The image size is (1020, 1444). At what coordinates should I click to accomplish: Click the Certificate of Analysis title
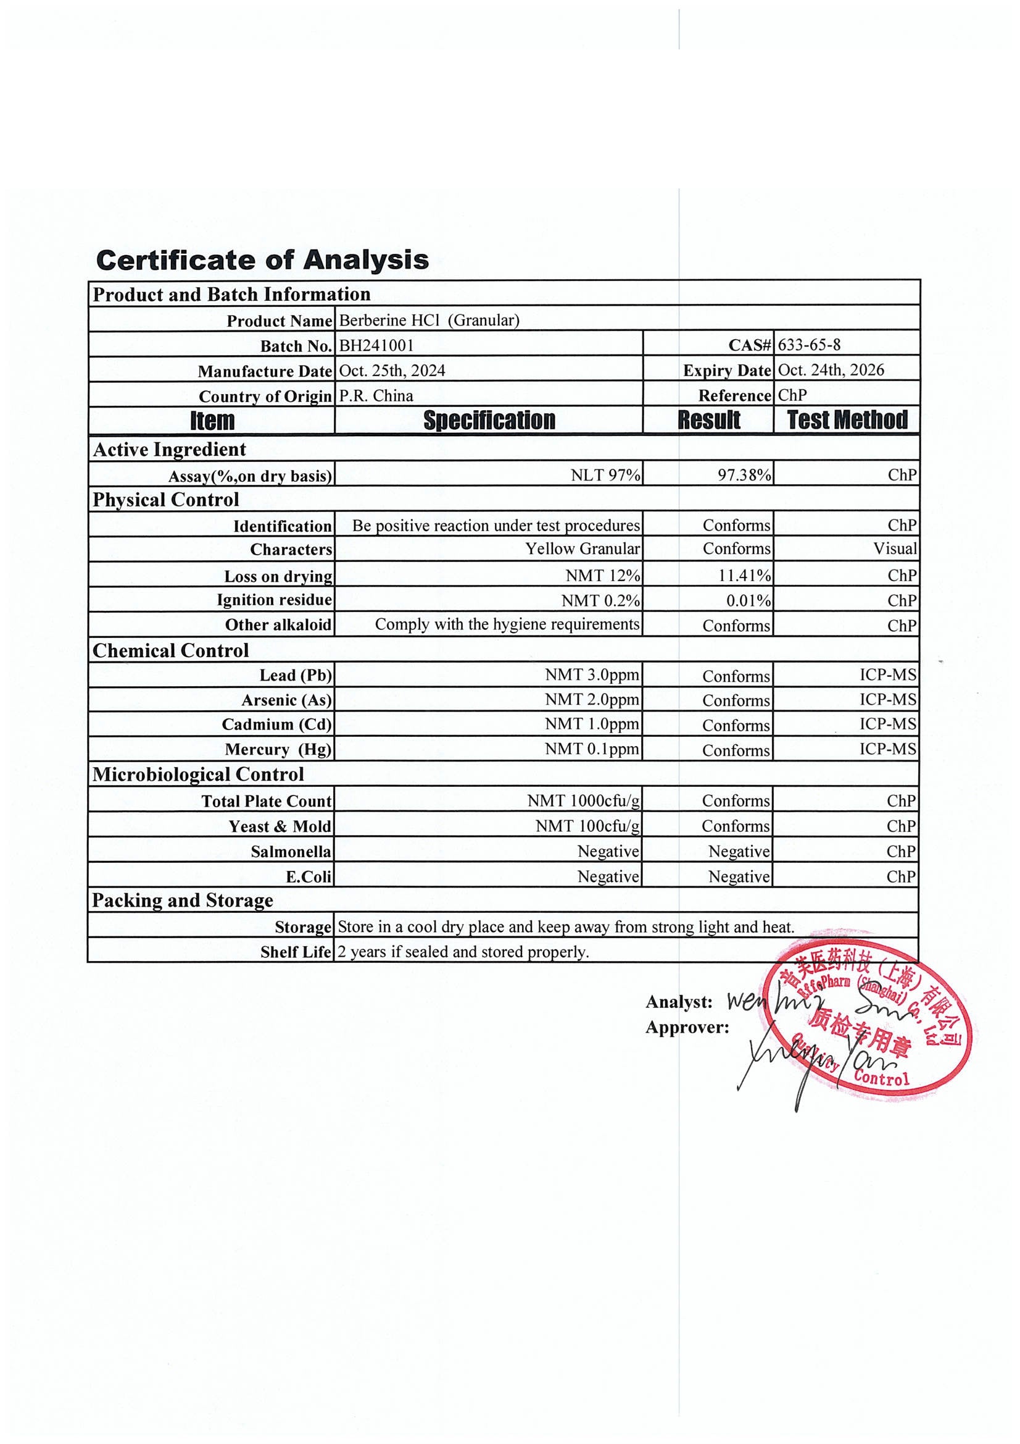pos(262,260)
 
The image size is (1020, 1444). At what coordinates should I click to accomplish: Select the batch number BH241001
pos(376,345)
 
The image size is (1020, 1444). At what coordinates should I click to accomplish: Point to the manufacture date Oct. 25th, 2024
pos(392,371)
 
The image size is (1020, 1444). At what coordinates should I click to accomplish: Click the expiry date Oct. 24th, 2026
pos(831,370)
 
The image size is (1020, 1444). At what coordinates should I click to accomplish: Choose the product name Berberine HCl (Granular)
pos(429,320)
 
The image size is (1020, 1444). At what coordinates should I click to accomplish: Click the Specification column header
pos(489,420)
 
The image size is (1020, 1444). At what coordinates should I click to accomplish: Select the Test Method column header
pos(847,419)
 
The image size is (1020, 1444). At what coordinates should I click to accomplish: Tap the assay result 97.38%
pos(744,475)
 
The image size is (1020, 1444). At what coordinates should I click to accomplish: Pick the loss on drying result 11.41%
pos(744,576)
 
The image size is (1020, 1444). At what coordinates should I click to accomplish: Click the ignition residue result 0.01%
pos(748,600)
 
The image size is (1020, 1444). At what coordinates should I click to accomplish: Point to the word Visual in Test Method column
pos(895,549)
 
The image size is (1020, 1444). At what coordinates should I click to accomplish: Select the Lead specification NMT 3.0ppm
pos(592,675)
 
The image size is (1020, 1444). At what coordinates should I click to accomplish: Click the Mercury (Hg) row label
pos(278,750)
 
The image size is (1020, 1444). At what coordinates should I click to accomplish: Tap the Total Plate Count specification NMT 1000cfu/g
pos(583,800)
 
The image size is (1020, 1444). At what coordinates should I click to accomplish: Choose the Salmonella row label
pos(291,852)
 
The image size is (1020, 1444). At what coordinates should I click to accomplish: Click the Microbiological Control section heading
pos(198,774)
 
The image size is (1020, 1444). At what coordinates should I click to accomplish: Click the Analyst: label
pos(679,1002)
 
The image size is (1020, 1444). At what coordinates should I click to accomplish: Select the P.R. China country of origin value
pos(376,396)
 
